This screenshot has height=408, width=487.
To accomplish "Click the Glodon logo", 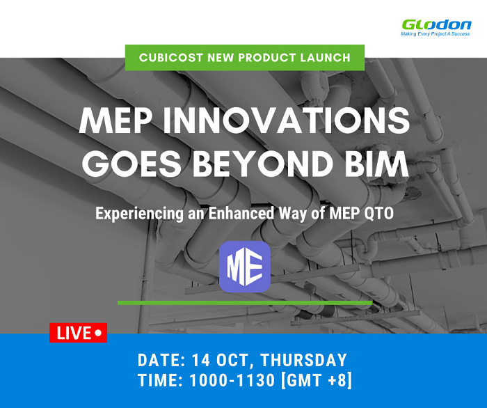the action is (436, 25).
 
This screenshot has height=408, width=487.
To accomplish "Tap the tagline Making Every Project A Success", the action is (435, 34).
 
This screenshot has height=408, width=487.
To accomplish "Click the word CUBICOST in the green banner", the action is (171, 58).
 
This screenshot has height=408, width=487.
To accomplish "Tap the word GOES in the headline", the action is (131, 164).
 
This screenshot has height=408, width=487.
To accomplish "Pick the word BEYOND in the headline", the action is (263, 164).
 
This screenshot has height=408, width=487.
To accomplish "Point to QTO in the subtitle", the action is (380, 214).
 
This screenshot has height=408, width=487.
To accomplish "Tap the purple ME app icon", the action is (245, 267).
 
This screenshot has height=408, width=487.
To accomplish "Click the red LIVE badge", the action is (78, 333).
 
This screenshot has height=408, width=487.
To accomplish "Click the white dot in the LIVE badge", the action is (98, 333).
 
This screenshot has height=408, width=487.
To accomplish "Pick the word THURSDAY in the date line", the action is (303, 360).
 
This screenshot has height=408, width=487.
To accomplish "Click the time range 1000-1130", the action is (232, 380).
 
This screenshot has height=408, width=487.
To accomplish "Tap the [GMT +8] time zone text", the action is (316, 380).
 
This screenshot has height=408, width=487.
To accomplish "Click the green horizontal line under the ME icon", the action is (245, 303).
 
